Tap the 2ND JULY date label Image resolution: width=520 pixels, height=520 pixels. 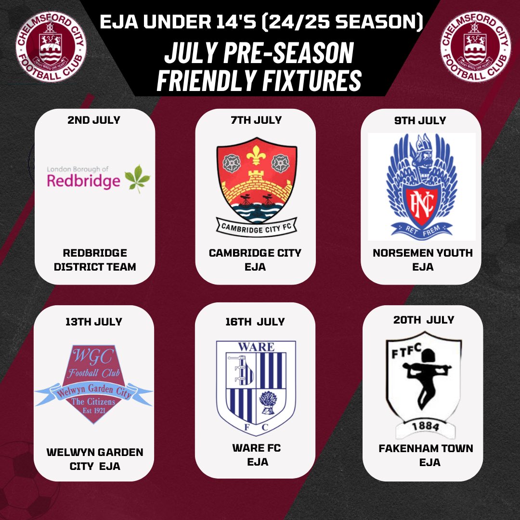coord(94,120)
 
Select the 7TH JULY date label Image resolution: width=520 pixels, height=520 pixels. coord(255,120)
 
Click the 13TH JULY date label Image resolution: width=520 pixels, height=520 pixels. coord(94,321)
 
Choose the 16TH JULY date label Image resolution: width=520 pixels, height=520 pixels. coord(255,321)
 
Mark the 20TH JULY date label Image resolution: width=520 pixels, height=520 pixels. coord(423,319)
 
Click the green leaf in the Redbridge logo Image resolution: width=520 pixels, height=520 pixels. coord(137,179)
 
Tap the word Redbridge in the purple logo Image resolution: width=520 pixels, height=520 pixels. coord(83,181)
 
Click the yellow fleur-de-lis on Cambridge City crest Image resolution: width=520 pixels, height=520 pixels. coord(255,154)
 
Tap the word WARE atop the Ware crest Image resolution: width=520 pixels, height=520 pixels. coord(256,347)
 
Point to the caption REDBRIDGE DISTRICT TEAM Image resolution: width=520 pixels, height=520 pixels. coord(95,260)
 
